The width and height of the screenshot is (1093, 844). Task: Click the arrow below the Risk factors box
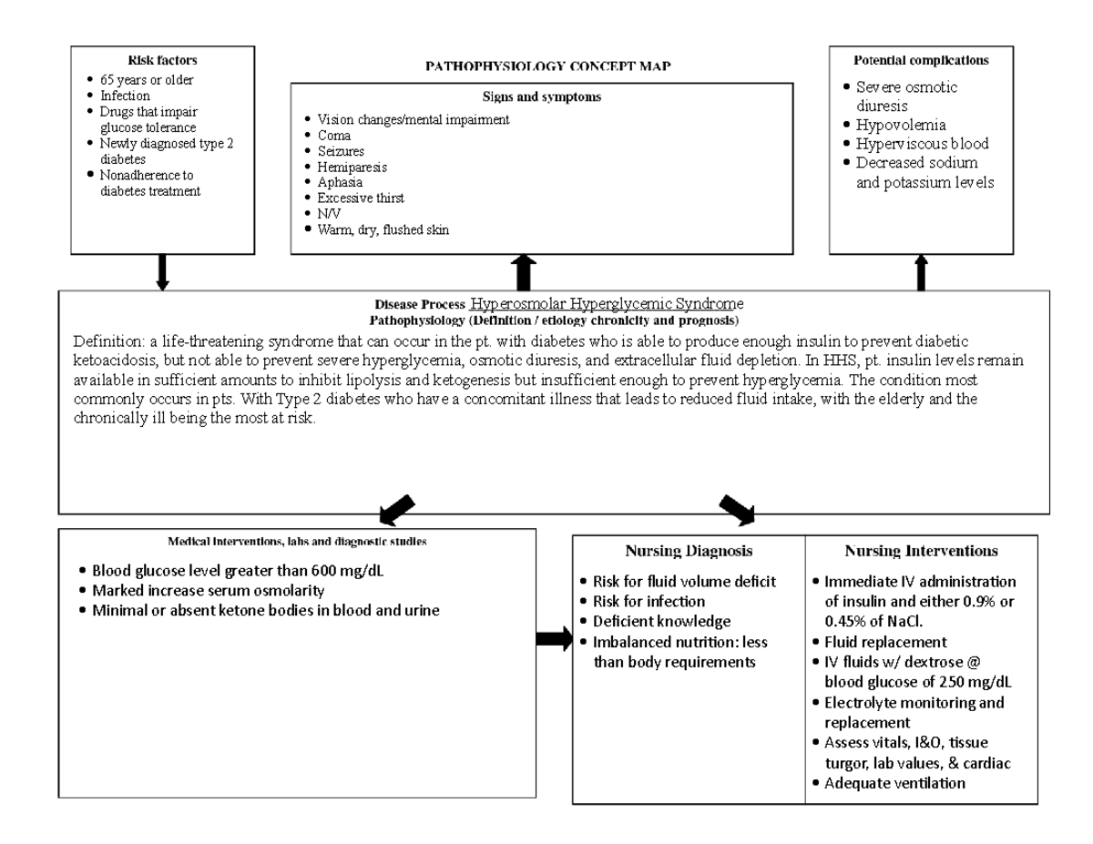pos(163,272)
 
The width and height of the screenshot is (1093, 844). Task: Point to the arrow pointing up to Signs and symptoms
pos(526,272)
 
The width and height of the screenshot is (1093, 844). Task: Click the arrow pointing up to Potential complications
pos(921,272)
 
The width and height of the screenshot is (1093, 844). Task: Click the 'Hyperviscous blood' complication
pos(922,144)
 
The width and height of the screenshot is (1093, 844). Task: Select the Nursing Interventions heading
pos(921,551)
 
